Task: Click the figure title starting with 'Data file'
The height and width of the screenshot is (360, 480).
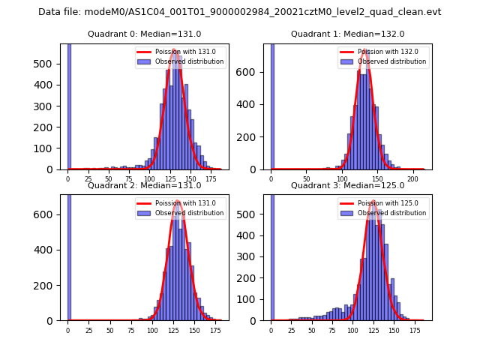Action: pyautogui.click(x=240, y=12)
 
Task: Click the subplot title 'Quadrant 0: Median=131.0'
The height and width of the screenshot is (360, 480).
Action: pyautogui.click(x=145, y=34)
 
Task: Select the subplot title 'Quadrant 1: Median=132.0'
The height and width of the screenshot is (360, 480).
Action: pyautogui.click(x=348, y=34)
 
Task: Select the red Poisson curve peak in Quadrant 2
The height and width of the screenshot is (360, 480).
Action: pyautogui.click(x=178, y=201)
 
